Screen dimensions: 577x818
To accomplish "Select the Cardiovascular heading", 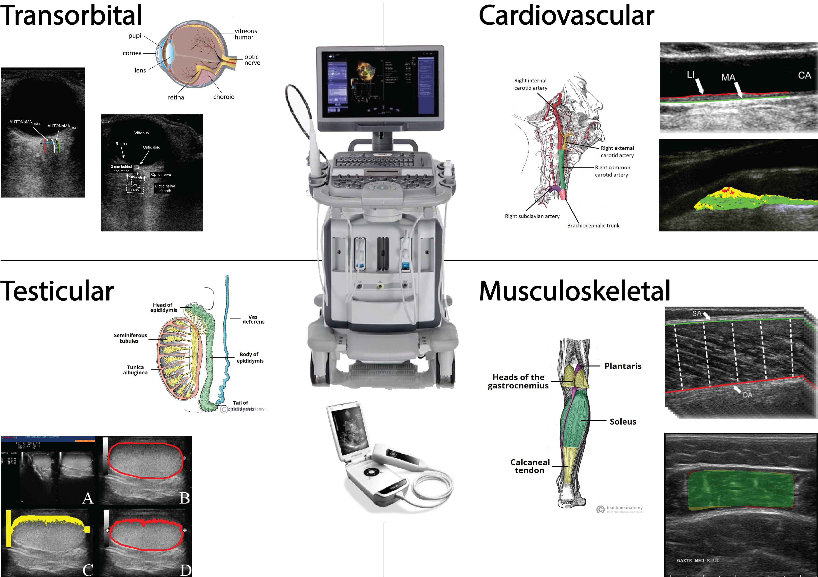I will pyautogui.click(x=566, y=16).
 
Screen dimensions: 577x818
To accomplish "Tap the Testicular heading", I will pyautogui.click(x=57, y=291).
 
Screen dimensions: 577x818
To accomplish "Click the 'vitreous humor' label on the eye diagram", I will pyautogui.click(x=245, y=34).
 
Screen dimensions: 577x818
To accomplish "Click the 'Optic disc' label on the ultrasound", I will pyautogui.click(x=151, y=147).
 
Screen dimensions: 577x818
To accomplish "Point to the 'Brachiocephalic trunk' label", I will pyautogui.click(x=593, y=226).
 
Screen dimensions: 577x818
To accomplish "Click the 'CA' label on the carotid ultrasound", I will pyautogui.click(x=804, y=76).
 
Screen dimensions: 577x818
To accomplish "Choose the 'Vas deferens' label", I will pyautogui.click(x=253, y=319).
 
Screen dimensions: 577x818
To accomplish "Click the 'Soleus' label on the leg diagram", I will pyautogui.click(x=623, y=422).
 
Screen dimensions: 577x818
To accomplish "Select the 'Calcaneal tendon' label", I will pyautogui.click(x=530, y=466).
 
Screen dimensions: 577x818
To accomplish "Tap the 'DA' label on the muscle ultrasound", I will pyautogui.click(x=747, y=395).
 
